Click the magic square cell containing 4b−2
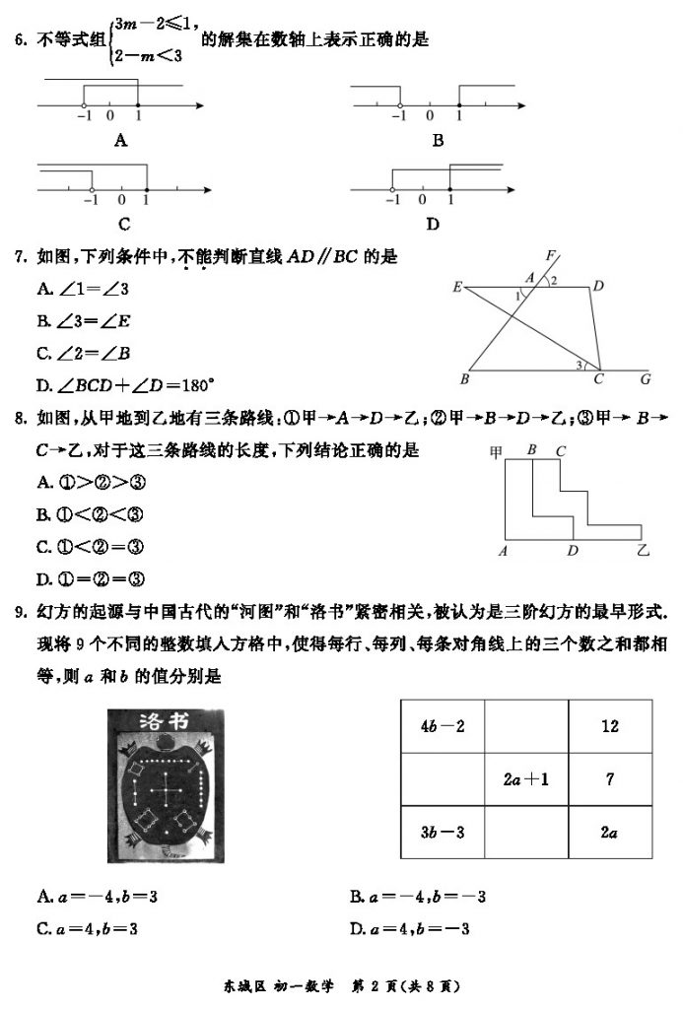443,726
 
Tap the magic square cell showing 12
611,726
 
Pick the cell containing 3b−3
443,833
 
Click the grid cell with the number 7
611,779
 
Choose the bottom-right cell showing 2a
611,833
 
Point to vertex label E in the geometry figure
457,287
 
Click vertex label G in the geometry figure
646,377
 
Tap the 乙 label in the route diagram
644,551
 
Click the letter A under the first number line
121,141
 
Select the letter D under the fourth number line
433,225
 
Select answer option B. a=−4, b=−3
418,897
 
